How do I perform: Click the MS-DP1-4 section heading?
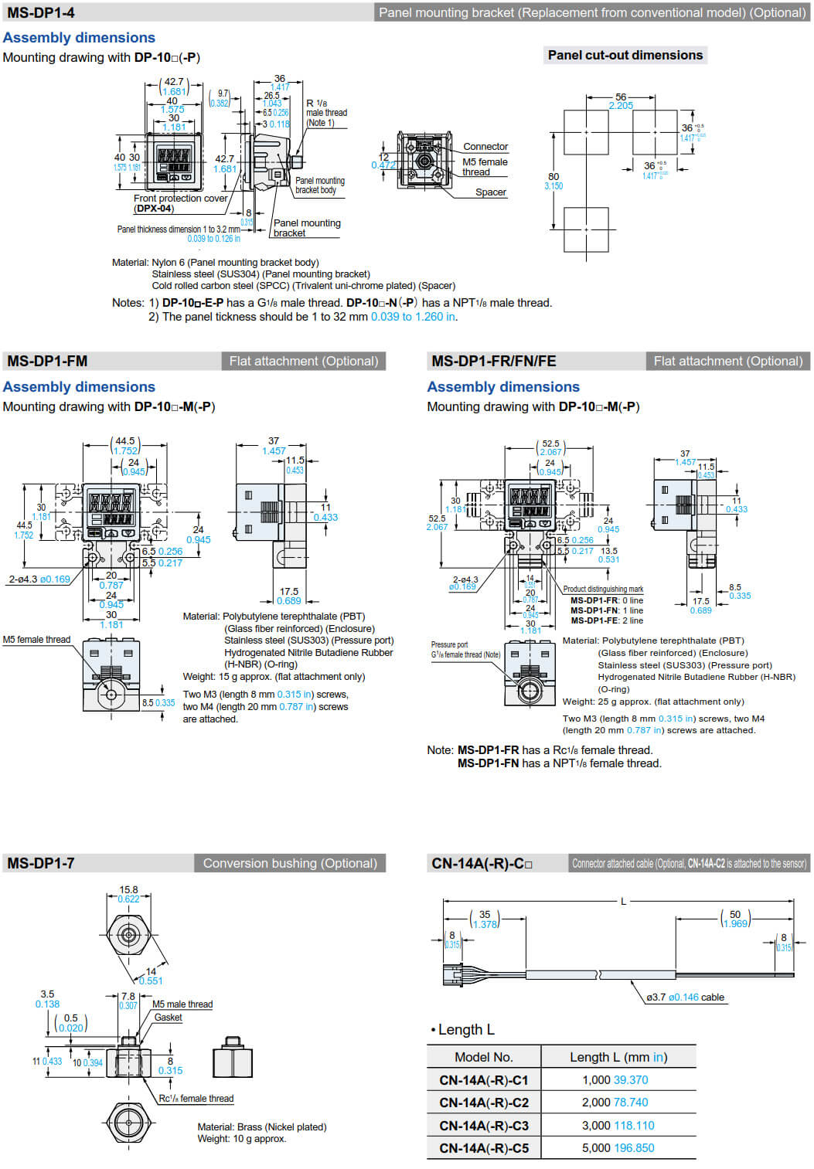(x=41, y=12)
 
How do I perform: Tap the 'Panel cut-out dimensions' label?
(x=625, y=55)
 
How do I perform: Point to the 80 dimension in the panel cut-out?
(x=553, y=177)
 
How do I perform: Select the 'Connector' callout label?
(x=485, y=147)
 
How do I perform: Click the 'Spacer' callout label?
(x=491, y=192)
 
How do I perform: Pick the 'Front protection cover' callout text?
(x=181, y=199)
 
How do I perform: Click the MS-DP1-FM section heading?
(x=47, y=361)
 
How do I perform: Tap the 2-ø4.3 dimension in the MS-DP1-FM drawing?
(x=23, y=579)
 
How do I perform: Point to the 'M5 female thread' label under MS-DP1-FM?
(x=36, y=640)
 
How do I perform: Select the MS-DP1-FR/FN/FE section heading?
(x=493, y=361)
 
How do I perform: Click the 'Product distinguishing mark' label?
(x=603, y=589)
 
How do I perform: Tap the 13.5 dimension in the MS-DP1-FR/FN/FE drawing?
(x=609, y=551)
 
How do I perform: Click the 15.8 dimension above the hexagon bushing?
(x=128, y=890)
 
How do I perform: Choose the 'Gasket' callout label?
(x=168, y=1018)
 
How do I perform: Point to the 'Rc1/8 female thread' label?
(x=196, y=1099)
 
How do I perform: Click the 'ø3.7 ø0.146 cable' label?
(x=686, y=997)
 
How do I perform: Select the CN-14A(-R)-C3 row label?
(x=484, y=1126)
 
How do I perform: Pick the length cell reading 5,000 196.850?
(x=618, y=1148)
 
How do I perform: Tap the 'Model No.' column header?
(x=484, y=1057)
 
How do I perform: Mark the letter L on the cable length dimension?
(x=624, y=902)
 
